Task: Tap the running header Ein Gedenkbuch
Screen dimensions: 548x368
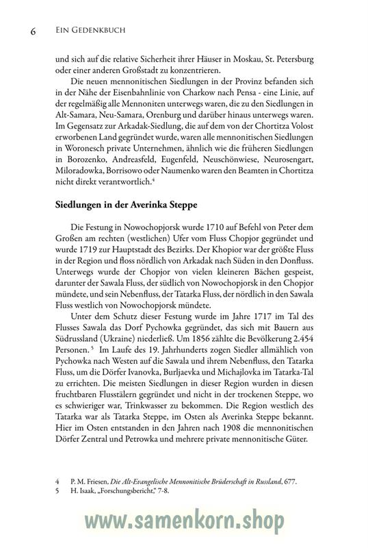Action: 84,31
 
